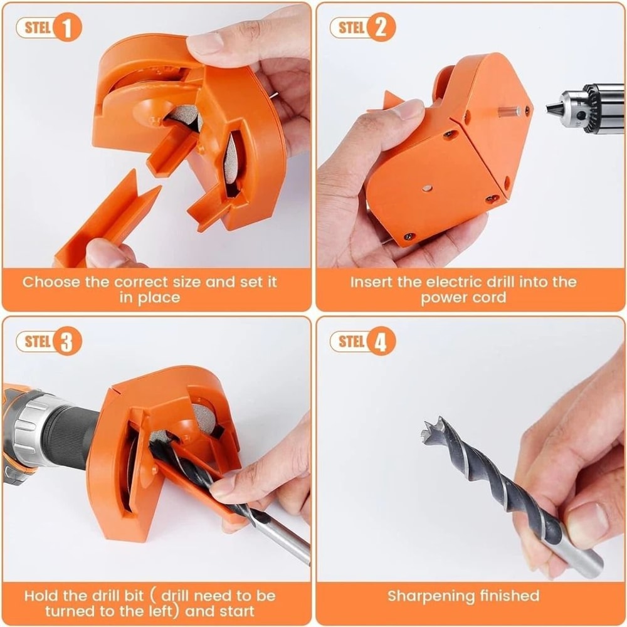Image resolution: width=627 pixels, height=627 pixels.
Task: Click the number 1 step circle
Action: [x=68, y=29]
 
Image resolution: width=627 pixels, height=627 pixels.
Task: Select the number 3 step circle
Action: [x=68, y=342]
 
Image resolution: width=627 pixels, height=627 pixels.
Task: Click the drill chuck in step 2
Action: [x=586, y=107]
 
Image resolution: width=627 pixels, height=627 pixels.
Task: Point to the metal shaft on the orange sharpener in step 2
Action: [x=509, y=111]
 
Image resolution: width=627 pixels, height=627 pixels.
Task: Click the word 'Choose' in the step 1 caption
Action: [x=51, y=282]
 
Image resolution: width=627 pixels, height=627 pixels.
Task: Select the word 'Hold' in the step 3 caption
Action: [x=45, y=595]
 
